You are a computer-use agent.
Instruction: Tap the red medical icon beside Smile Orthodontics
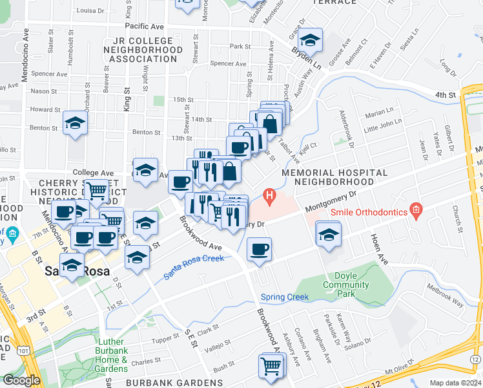[x=416, y=210]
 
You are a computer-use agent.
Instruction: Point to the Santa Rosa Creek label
[x=193, y=266]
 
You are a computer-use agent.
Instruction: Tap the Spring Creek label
[x=285, y=297]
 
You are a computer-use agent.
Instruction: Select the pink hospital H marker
[x=270, y=194]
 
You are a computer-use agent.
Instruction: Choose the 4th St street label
[x=445, y=95]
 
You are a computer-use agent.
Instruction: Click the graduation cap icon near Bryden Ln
[x=311, y=41]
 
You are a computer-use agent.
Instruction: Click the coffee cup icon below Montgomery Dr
[x=259, y=250]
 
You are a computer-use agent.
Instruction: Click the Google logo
[x=21, y=380]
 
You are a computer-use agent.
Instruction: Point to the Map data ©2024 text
[x=456, y=383]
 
